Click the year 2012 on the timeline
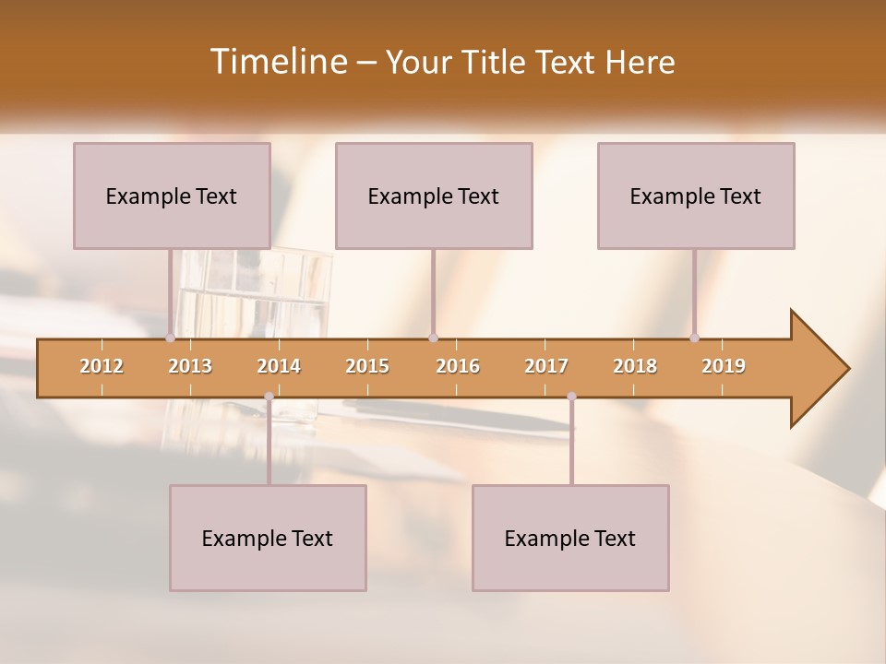pos(102,366)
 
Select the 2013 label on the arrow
pos(190,366)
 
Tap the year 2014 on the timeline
pos(279,366)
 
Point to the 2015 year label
pos(367,366)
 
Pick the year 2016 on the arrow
pos(458,366)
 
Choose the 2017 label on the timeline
pos(546,366)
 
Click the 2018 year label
pos(635,366)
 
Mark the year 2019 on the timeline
pos(724,366)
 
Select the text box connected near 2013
pos(172,196)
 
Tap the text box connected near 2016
pos(434,196)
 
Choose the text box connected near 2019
pos(696,196)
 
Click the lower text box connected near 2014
pos(268,538)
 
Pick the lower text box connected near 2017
pos(570,538)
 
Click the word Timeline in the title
pos(276,62)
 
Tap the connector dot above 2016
pos(433,338)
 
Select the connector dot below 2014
pos(269,397)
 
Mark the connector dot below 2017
pos(571,397)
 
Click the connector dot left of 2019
pos(694,338)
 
